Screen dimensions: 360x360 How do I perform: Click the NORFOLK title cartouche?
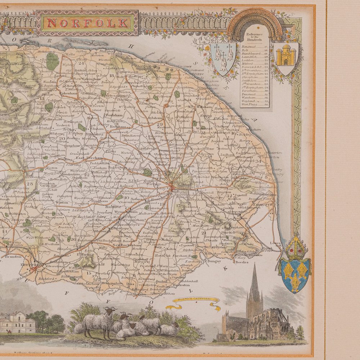click(87, 23)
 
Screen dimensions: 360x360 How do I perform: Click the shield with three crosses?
click(223, 58)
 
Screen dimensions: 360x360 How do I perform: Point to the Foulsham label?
click(113, 115)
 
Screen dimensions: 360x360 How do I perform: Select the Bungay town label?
click(214, 261)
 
